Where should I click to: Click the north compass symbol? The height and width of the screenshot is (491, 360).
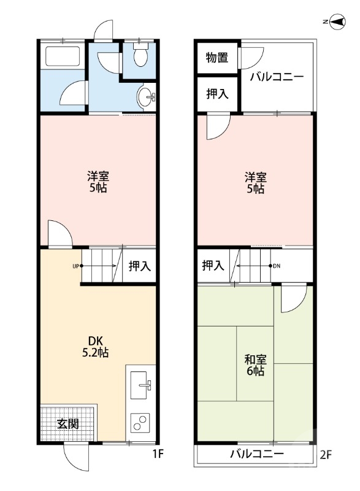[x=335, y=22]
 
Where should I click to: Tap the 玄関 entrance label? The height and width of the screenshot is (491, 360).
[x=67, y=423]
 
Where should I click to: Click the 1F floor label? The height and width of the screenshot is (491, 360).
[x=159, y=455]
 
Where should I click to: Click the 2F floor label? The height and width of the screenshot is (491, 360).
[x=326, y=455]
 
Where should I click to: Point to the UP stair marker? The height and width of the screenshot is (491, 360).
[x=76, y=266]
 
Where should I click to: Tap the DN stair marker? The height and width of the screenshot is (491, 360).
[x=277, y=266]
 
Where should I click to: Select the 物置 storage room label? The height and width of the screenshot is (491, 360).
[x=216, y=58]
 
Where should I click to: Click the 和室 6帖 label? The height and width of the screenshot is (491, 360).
[x=255, y=365]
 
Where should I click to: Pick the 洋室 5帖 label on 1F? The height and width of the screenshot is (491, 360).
[x=98, y=182]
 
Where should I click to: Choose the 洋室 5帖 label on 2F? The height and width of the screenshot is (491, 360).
[x=255, y=183]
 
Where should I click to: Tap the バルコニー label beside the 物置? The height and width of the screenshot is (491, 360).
[x=277, y=77]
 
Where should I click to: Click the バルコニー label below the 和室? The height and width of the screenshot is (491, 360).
[x=257, y=455]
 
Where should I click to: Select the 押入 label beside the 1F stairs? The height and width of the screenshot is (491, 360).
[x=139, y=266]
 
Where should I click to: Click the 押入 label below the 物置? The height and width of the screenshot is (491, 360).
[x=217, y=94]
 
